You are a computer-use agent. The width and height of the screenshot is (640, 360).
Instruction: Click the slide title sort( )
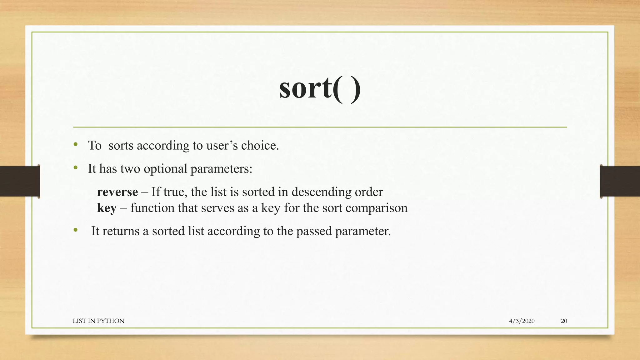click(320, 88)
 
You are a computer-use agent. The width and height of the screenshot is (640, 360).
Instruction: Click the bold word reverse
click(117, 192)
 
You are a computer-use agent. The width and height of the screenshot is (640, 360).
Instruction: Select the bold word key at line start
click(107, 208)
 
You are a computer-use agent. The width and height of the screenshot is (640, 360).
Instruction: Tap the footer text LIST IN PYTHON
click(98, 321)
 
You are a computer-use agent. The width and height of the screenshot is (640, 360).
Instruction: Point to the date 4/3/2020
click(522, 321)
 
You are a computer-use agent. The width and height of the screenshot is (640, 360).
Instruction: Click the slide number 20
click(564, 321)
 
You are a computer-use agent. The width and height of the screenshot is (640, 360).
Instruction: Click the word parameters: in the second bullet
click(221, 169)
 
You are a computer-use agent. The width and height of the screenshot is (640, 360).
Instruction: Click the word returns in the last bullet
click(121, 231)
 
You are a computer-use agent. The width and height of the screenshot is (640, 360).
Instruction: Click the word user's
click(222, 146)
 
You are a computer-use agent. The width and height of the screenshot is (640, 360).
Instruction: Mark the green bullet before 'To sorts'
click(76, 144)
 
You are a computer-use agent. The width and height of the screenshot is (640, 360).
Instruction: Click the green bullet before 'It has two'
click(76, 168)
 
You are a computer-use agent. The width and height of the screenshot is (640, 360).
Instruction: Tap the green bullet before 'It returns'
click(76, 230)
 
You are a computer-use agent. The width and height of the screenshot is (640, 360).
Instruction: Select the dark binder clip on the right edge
click(620, 181)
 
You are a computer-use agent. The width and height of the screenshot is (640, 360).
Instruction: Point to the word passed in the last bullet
click(314, 232)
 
